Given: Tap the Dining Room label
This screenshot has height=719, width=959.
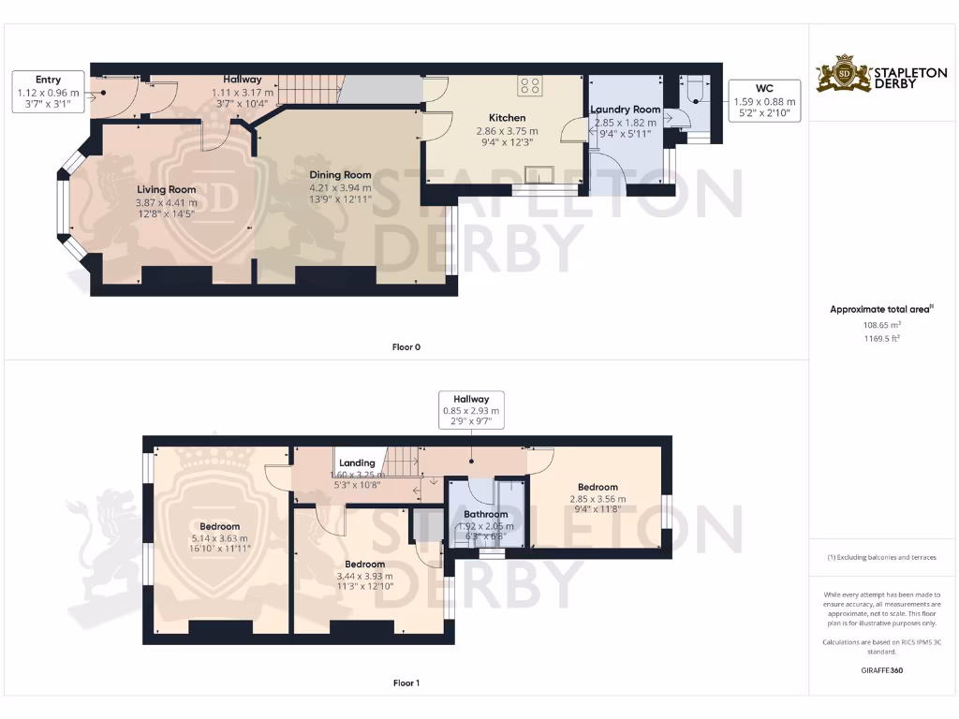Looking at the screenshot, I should pos(341,175).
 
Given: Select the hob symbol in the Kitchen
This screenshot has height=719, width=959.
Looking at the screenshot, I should pos(529,86).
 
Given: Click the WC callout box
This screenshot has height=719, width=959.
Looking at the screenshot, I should pos(764,95).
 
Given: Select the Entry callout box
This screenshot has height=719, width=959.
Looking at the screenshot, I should pos(48,93).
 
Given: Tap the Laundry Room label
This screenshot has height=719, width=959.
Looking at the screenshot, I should pos(625,110).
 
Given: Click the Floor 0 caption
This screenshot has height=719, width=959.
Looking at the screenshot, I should pos(406,347).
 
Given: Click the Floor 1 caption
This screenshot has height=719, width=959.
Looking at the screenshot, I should pos(406,683).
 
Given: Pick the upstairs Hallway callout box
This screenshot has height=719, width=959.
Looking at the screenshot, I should pos(471,410).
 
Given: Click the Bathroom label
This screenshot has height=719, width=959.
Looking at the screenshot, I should pos(486,514).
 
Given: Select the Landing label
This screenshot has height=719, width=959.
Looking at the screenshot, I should pos(357,462).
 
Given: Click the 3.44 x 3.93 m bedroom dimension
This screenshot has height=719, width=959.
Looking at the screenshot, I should pos(364,576).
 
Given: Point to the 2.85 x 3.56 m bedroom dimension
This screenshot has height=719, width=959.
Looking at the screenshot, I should pos(597,499).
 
